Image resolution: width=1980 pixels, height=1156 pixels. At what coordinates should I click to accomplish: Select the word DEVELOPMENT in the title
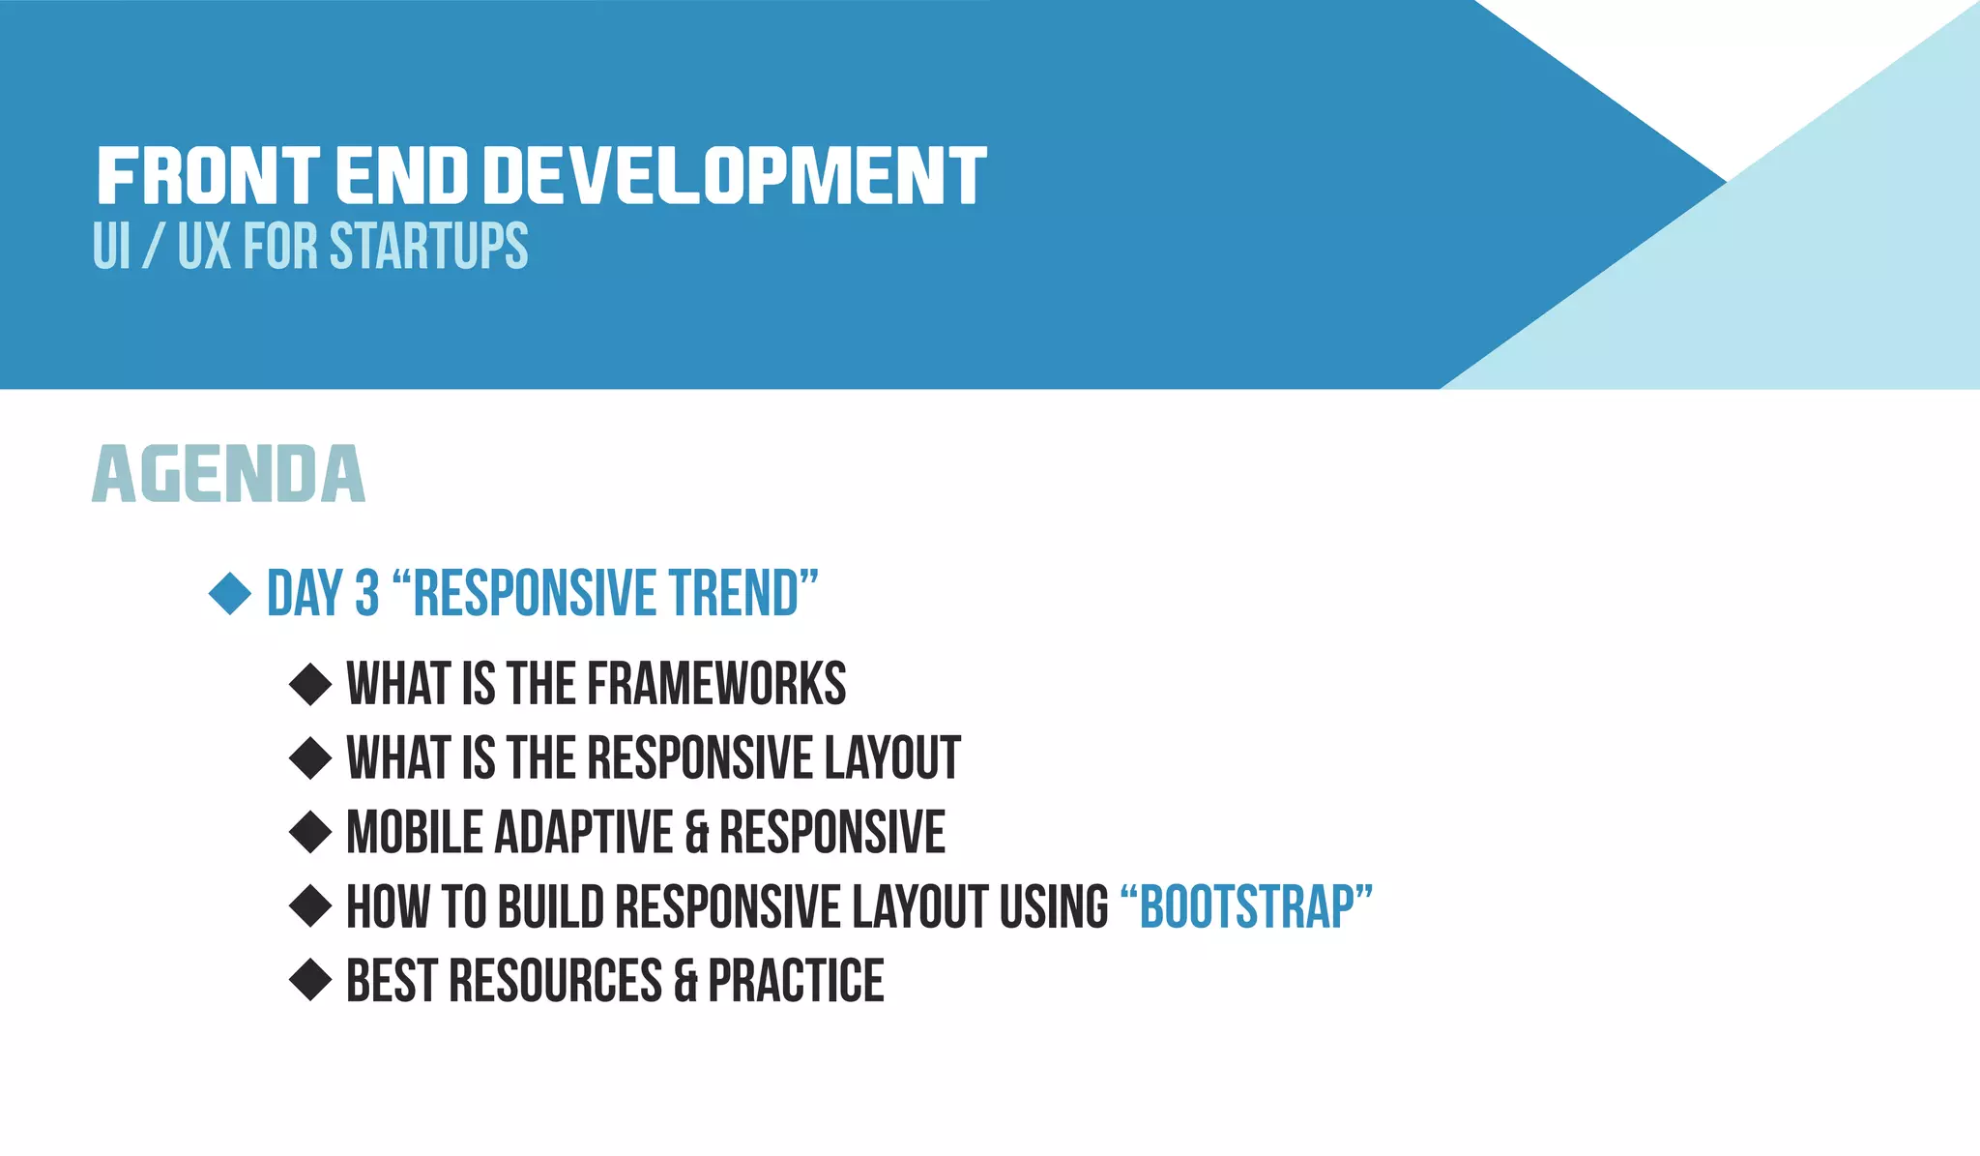point(735,176)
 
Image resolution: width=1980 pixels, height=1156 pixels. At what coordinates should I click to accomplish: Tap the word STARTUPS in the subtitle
point(428,246)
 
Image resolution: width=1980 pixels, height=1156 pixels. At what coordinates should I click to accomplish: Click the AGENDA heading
point(229,475)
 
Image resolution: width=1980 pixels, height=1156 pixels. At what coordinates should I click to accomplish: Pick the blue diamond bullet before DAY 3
point(230,593)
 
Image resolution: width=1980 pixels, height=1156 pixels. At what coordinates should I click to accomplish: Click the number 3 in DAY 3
point(366,593)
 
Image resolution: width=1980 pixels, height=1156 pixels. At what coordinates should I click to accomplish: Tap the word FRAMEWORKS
point(716,684)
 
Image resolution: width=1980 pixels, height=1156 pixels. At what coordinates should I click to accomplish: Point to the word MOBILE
point(415,832)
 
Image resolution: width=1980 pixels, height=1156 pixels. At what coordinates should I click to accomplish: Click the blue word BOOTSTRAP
point(1247,906)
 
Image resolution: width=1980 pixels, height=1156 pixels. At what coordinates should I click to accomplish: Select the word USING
point(1054,906)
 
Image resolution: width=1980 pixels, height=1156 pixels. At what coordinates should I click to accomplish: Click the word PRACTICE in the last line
point(796,981)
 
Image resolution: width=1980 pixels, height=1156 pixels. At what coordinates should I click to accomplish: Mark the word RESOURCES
point(556,981)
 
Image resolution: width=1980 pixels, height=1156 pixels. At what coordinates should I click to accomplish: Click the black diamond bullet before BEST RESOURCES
point(310,980)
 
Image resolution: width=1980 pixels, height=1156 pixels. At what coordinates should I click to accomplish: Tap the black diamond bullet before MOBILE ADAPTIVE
point(310,832)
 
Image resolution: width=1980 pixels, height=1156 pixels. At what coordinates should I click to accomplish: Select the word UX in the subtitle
point(204,246)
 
